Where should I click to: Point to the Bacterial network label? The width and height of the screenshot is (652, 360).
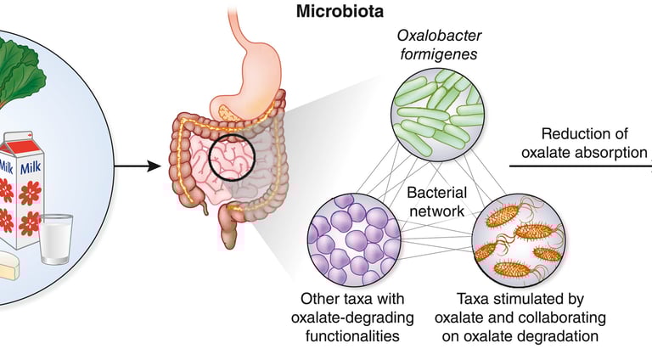coord(436,201)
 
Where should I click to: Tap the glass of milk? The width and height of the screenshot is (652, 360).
coord(56,239)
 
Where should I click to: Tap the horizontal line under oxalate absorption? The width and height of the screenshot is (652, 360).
coord(581,166)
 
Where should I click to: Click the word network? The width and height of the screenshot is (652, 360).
coord(436,211)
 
